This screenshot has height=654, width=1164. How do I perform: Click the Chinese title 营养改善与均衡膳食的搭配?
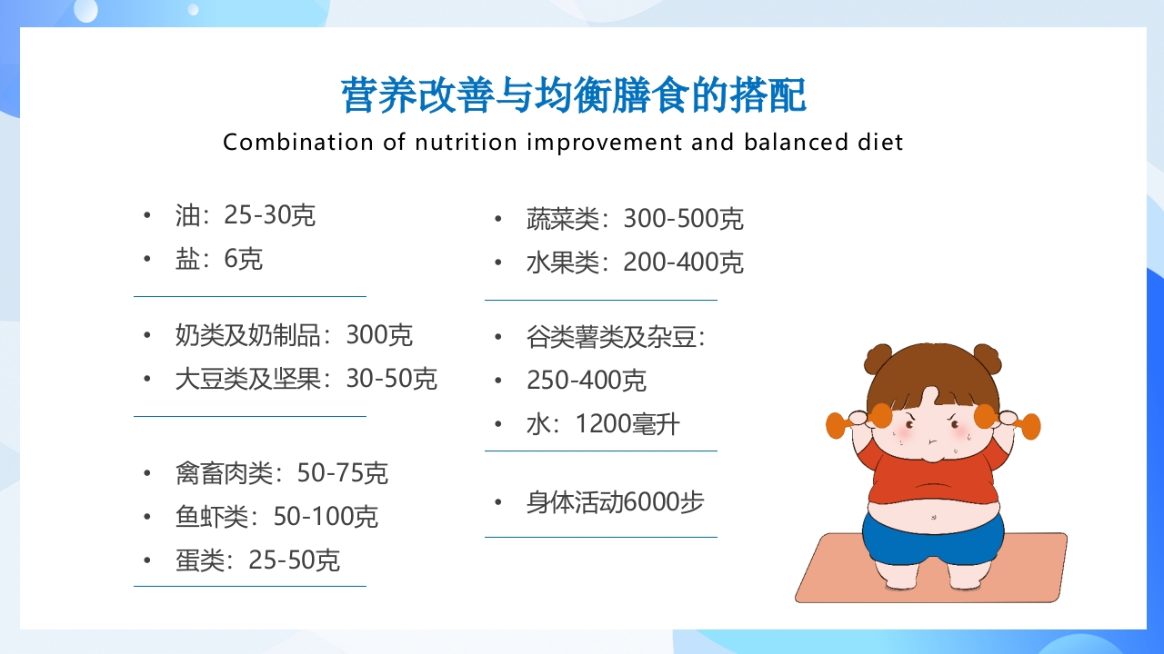[574, 94]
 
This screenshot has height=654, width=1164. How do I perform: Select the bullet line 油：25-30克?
[245, 215]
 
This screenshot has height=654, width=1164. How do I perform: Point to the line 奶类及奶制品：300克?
[293, 335]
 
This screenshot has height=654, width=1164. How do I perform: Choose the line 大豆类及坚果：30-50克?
[306, 379]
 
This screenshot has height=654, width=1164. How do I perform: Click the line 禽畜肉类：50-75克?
[281, 473]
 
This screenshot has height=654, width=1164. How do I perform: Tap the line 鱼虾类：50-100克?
[276, 517]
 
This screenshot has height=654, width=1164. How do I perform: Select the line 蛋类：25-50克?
[256, 560]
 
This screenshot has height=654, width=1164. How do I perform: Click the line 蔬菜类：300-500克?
[634, 219]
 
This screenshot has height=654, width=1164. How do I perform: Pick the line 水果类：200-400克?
[634, 263]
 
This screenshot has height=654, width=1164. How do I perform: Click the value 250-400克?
[586, 381]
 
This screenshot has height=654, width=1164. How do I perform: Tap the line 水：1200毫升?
[602, 424]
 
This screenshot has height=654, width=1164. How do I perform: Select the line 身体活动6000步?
[615, 502]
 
